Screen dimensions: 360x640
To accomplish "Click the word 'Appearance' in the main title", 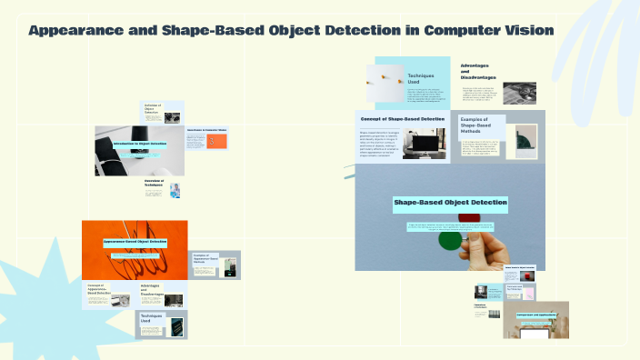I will tap(73, 31).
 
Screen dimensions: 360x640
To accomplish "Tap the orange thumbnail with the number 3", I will tap(215, 142).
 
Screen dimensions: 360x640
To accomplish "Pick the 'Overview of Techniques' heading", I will tap(155, 184).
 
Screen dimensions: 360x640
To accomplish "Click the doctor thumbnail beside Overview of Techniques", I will tap(175, 189).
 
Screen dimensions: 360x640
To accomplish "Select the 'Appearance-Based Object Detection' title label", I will tap(135, 243).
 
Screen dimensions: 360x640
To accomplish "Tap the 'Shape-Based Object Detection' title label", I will tap(449, 202).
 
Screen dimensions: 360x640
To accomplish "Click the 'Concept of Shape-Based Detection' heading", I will tap(403, 119).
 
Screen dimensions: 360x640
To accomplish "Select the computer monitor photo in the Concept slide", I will tap(425, 143).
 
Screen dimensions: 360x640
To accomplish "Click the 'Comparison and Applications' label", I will tap(535, 315).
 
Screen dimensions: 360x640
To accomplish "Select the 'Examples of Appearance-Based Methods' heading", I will tap(207, 259).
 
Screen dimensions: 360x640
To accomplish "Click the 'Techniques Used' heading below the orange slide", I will tap(150, 318).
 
